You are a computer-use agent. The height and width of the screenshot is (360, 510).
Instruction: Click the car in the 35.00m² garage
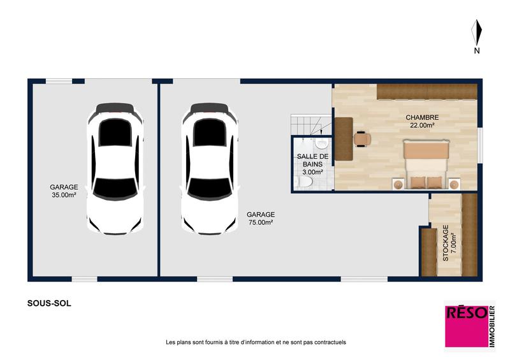point(115,168)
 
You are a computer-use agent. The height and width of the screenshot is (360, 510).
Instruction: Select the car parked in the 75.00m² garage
point(210,168)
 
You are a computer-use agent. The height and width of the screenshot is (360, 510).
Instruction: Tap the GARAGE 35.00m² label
point(63,191)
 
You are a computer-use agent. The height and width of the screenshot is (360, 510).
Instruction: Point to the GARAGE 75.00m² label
point(260,219)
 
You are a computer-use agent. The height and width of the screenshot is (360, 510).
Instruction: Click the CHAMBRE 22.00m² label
point(422,121)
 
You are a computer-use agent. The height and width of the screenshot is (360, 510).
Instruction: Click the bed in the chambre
point(425,165)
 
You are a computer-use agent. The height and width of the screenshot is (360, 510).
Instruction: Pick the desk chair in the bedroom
point(362,138)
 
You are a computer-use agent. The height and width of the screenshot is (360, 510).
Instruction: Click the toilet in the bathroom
point(305,184)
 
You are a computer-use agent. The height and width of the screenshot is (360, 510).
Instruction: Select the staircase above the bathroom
point(310,124)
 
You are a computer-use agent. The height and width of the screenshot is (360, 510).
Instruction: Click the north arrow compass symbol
point(476,32)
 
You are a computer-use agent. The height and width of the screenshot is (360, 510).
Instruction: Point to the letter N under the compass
point(476,50)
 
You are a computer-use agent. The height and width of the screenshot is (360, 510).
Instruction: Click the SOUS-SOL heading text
point(49,303)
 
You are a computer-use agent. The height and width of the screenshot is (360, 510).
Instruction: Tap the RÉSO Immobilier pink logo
point(469,324)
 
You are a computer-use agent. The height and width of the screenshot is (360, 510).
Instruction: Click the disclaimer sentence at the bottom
point(255,342)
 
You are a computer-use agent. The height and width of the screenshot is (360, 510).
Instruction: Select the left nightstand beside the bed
point(398,184)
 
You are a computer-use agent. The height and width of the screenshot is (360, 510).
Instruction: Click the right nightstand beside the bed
point(454,184)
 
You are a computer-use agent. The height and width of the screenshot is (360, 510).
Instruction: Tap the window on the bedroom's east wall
point(479,143)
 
